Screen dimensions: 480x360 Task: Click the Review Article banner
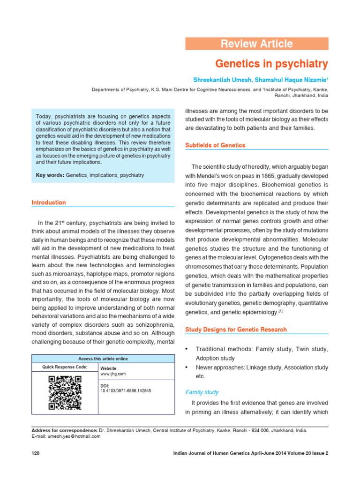click(257, 44)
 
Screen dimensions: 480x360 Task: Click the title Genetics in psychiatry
click(271, 63)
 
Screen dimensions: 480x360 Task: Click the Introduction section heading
click(49, 202)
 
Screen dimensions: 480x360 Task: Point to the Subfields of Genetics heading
click(215, 145)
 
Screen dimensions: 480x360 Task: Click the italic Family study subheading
click(202, 392)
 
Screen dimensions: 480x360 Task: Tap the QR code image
click(65, 393)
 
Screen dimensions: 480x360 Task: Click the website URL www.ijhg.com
click(113, 374)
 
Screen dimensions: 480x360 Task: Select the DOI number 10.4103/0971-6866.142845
click(126, 390)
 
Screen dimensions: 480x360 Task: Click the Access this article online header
click(103, 359)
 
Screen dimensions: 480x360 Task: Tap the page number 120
click(36, 453)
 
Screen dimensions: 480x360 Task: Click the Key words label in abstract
click(50, 175)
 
